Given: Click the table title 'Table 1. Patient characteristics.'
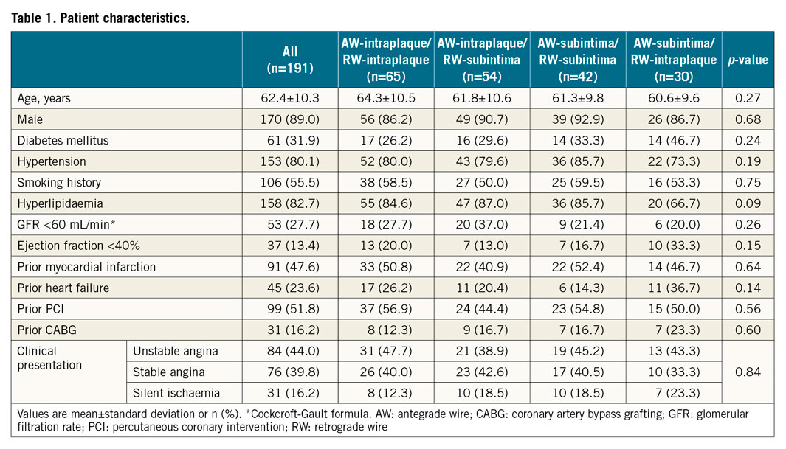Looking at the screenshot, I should pos(100,18).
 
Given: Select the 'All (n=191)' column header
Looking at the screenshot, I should pos(290,60).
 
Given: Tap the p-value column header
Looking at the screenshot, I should pos(748,60).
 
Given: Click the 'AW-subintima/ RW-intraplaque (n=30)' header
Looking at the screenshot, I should pos(674,60).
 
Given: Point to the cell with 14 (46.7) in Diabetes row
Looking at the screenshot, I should pos(675,140).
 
